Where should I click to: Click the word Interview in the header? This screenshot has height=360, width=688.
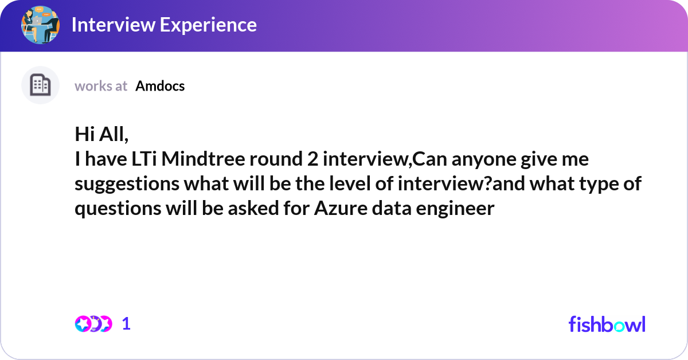click(x=114, y=25)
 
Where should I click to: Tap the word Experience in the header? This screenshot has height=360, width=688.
click(x=208, y=25)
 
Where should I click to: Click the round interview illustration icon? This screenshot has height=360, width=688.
click(x=40, y=25)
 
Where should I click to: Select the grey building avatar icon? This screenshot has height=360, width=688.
click(x=40, y=85)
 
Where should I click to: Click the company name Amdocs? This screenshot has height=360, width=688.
click(x=160, y=86)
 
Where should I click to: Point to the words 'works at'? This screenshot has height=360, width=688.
click(x=101, y=86)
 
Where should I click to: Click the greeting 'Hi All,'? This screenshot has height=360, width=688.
click(x=101, y=134)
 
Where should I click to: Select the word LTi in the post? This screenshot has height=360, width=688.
click(x=144, y=159)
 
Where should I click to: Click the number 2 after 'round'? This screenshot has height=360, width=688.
click(x=312, y=159)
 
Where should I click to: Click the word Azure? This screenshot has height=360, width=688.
click(x=341, y=208)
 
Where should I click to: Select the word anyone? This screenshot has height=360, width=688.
click(x=484, y=160)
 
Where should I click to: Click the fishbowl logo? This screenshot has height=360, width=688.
click(x=607, y=324)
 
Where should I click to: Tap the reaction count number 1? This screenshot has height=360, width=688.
click(x=126, y=324)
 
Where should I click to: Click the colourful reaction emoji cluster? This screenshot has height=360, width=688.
click(x=93, y=324)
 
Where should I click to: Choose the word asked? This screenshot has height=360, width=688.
click(x=253, y=208)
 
